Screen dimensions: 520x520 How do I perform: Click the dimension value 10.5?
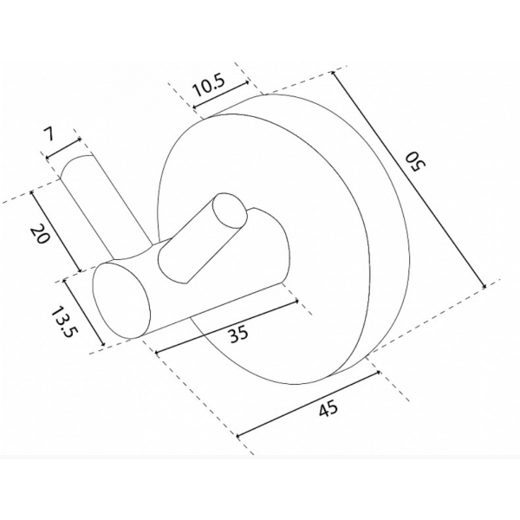click(209, 86)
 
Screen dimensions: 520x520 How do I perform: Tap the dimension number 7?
click(48, 134)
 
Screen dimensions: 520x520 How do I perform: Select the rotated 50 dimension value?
click(415, 161)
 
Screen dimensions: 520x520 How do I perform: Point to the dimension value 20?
click(40, 234)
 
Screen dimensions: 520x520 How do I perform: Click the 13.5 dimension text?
click(62, 321)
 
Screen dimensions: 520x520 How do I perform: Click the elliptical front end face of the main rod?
click(121, 300)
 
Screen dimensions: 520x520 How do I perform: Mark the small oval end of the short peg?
click(230, 211)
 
